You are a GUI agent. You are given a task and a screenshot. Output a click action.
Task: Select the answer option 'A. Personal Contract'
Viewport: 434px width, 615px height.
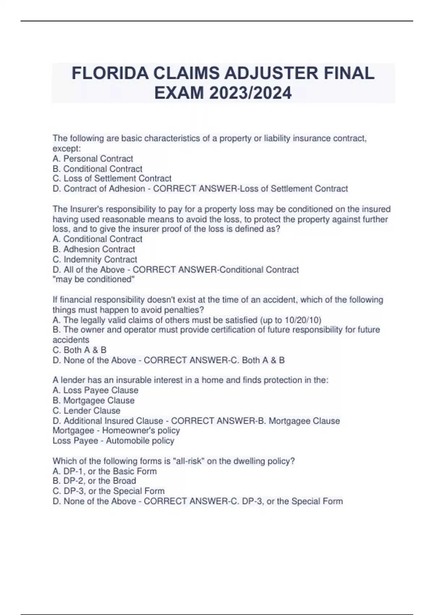[x=93, y=158]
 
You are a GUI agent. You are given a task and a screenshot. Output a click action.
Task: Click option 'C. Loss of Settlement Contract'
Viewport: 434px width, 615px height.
[x=112, y=178]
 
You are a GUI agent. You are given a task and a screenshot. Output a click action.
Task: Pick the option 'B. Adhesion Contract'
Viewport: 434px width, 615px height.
[x=94, y=249]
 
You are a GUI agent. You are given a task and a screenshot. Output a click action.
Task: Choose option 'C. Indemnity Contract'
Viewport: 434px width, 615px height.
[x=95, y=259]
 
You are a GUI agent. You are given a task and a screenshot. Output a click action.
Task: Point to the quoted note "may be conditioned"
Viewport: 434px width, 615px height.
[x=94, y=279]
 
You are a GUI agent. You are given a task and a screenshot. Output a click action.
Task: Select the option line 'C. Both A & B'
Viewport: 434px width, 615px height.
[x=79, y=350]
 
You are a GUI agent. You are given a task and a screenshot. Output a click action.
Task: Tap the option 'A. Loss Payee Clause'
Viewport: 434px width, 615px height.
[x=95, y=390]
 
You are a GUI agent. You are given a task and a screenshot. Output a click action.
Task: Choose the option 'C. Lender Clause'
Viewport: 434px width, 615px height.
[x=86, y=411]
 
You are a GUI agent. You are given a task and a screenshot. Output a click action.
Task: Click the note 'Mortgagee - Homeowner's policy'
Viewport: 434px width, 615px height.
[x=116, y=430]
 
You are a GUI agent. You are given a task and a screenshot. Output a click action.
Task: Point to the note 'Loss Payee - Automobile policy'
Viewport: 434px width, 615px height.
[x=113, y=440]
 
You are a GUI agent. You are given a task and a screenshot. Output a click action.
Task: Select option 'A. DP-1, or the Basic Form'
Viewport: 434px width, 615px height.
[x=105, y=471]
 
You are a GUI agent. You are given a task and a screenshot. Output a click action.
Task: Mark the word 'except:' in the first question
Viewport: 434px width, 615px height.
[x=67, y=148]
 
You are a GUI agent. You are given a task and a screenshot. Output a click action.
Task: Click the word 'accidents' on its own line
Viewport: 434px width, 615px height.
[x=71, y=340]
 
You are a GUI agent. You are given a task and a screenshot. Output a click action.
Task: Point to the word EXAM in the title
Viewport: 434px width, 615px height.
[x=174, y=93]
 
